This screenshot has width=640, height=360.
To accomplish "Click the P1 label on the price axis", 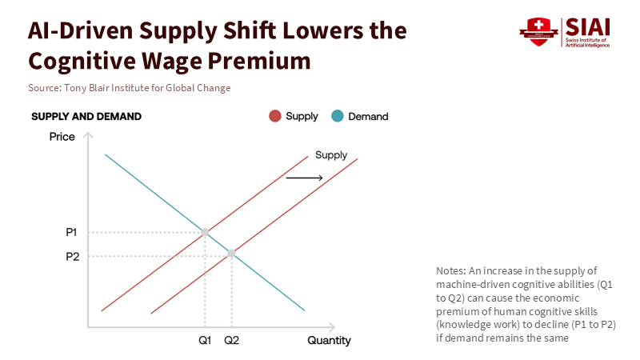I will [71, 232].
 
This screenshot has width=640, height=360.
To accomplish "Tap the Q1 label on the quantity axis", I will [205, 340].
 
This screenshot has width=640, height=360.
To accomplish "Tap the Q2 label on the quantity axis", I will [232, 340].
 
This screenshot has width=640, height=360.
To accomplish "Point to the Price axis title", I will [62, 137].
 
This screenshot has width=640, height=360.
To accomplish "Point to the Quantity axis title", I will [329, 340].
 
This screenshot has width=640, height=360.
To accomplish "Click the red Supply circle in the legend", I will [275, 116].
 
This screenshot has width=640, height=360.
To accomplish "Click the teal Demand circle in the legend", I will [338, 116].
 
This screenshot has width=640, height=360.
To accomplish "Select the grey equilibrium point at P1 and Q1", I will [205, 232].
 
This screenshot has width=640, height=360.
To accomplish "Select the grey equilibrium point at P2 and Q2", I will [232, 254].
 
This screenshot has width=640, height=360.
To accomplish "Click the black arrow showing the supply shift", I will [304, 177].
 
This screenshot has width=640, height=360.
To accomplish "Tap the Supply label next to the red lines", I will [331, 155].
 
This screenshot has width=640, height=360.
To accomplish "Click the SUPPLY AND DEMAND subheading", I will [86, 117].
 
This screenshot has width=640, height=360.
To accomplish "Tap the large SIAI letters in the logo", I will [589, 26].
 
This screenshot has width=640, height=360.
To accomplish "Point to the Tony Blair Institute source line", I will [129, 88].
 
